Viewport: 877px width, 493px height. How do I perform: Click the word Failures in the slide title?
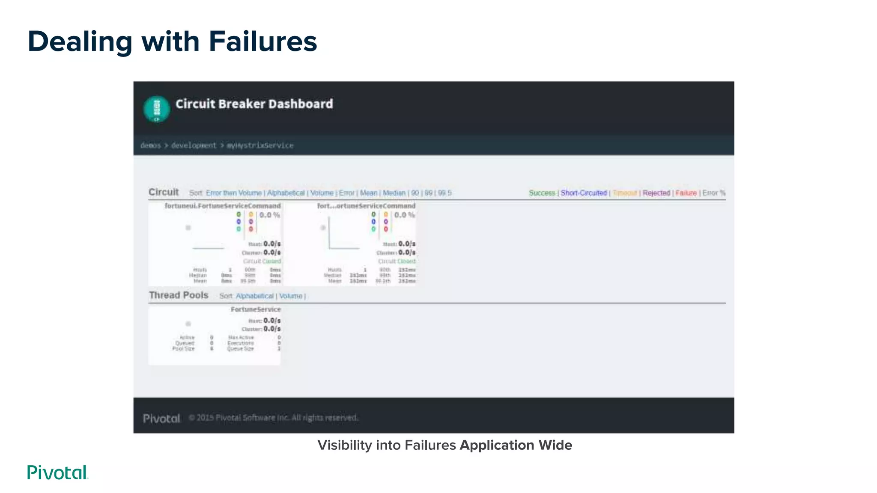pyautogui.click(x=263, y=42)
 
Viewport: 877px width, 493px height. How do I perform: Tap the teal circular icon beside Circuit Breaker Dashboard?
pyautogui.click(x=156, y=109)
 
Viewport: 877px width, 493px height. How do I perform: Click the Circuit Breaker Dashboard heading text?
pyautogui.click(x=254, y=104)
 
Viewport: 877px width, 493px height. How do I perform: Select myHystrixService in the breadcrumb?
pyautogui.click(x=260, y=146)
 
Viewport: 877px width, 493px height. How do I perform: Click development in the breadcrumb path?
pyautogui.click(x=194, y=146)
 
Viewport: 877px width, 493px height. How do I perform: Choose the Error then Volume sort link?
pyautogui.click(x=233, y=193)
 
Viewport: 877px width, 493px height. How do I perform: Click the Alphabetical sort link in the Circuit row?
pyautogui.click(x=286, y=193)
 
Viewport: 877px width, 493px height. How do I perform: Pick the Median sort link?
pyautogui.click(x=394, y=193)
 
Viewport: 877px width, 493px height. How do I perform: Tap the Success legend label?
pyautogui.click(x=542, y=193)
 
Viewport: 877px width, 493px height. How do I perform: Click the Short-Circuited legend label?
pyautogui.click(x=584, y=193)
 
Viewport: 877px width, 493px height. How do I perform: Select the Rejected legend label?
pyautogui.click(x=656, y=193)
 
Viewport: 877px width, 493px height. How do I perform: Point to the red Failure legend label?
pyautogui.click(x=686, y=193)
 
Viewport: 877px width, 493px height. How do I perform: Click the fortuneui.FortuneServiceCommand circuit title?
pyautogui.click(x=223, y=206)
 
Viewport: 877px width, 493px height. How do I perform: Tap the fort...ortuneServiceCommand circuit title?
pyautogui.click(x=366, y=206)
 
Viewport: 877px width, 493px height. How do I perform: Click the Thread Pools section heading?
pyautogui.click(x=179, y=295)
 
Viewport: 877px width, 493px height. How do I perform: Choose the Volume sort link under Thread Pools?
pyautogui.click(x=290, y=296)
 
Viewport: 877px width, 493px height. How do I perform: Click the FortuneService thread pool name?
pyautogui.click(x=256, y=309)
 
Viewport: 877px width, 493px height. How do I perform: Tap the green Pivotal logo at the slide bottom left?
pyautogui.click(x=57, y=472)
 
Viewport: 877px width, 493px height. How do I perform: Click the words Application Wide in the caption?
pyautogui.click(x=516, y=445)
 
